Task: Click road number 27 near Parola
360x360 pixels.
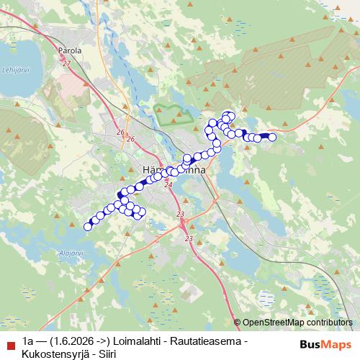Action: [67, 63]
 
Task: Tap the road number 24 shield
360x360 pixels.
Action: [168, 185]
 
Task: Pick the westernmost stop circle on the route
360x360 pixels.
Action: [88, 227]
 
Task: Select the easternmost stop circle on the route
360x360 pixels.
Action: [272, 137]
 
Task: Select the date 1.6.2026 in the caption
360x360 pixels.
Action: [74, 341]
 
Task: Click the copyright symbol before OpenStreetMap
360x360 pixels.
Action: [238, 323]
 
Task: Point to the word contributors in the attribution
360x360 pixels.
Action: [330, 323]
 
